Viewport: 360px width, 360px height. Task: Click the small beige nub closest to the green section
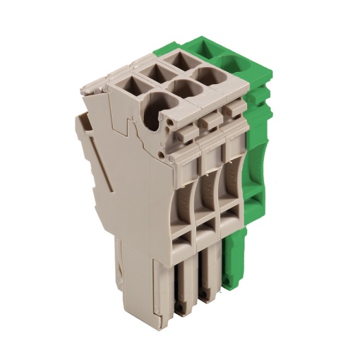(231, 112)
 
